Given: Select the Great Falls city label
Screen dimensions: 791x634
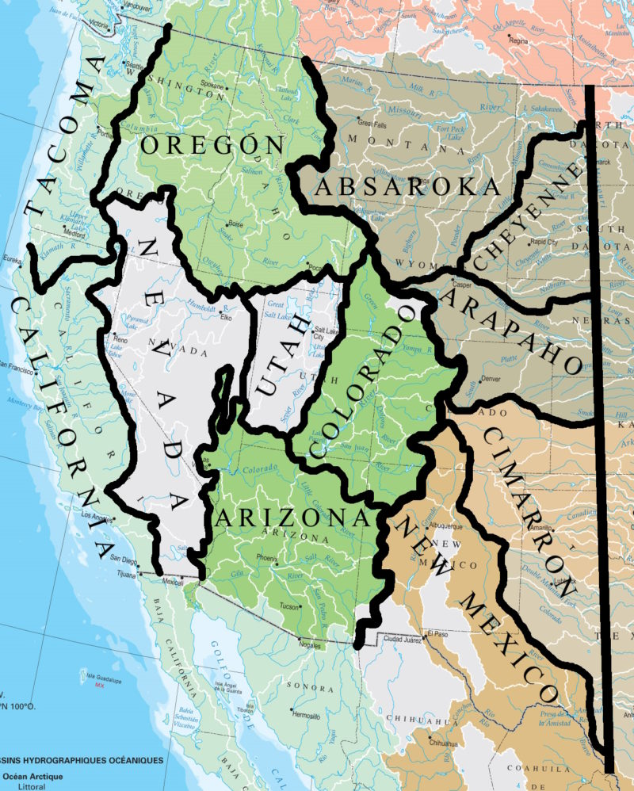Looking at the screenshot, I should click(372, 124).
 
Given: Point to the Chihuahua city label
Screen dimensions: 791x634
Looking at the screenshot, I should click(443, 743).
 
